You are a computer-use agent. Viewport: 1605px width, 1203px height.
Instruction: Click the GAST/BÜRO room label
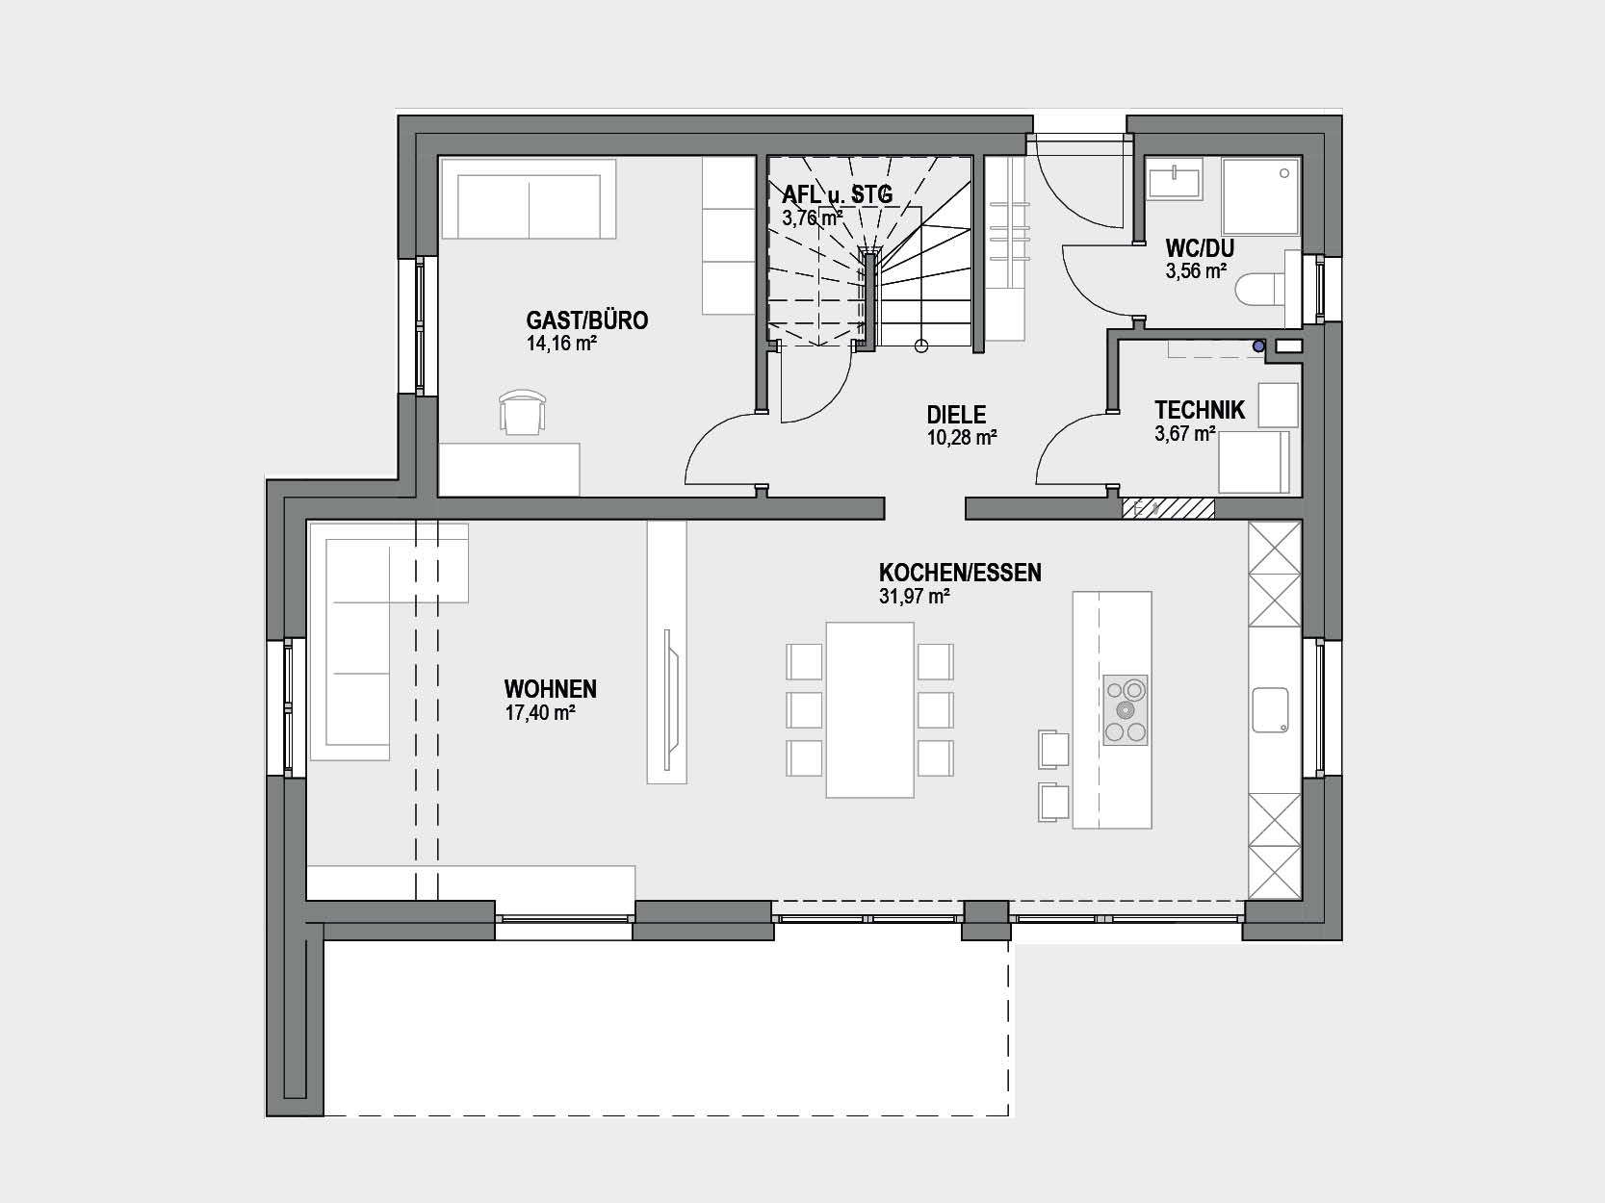click(587, 320)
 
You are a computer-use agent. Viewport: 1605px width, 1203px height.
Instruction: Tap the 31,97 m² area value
click(914, 597)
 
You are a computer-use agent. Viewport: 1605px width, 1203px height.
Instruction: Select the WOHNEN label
click(550, 689)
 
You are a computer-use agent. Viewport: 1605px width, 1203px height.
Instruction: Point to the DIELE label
click(956, 415)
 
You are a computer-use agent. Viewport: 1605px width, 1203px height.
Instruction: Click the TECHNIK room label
click(1200, 410)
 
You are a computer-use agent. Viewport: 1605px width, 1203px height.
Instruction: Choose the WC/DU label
click(1200, 247)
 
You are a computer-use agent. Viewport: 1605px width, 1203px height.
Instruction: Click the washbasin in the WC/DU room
click(1175, 180)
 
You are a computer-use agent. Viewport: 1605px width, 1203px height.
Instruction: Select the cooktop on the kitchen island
click(1126, 709)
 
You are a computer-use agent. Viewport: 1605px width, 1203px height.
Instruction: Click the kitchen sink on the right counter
click(1270, 709)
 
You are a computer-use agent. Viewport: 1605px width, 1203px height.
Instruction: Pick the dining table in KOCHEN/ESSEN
click(870, 709)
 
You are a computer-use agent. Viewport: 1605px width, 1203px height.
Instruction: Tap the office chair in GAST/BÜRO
click(522, 412)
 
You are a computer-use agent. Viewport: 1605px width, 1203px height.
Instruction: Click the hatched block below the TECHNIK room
click(1169, 509)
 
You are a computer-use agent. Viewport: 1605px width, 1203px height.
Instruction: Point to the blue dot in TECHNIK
click(1258, 346)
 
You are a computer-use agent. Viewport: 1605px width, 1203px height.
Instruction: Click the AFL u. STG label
click(838, 194)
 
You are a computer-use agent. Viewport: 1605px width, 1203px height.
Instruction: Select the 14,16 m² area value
click(561, 344)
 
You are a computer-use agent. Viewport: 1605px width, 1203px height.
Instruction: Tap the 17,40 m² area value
click(539, 712)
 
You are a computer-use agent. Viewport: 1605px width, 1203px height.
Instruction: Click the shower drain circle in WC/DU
click(1284, 173)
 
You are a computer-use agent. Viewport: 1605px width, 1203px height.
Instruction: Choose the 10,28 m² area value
click(962, 438)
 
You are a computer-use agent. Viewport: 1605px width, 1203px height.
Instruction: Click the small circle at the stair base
click(921, 346)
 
